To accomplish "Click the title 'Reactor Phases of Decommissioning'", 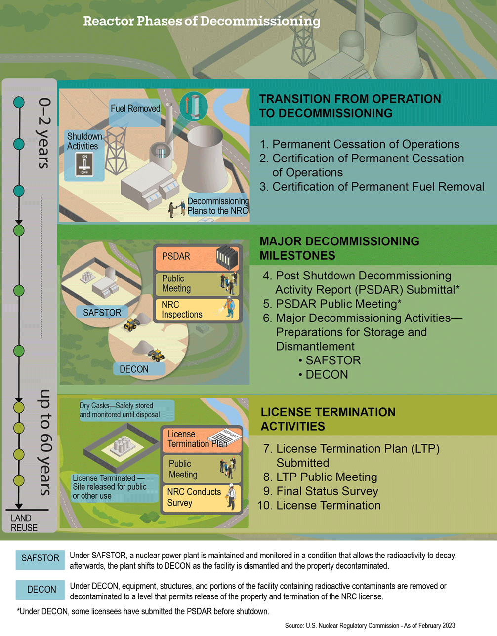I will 202,21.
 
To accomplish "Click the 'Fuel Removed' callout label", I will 135,109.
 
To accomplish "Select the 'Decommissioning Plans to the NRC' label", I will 217,206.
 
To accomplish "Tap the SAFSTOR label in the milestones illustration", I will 102,313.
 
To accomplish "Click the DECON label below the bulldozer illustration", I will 134,369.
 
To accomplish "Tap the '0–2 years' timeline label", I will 44,133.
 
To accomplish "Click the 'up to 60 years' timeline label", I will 44,442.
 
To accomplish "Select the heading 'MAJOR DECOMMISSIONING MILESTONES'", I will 339,248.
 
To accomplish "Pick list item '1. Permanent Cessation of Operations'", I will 360,144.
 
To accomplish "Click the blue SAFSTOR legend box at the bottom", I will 40,558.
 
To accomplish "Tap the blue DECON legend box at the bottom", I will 41,590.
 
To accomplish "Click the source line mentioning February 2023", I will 370,626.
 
